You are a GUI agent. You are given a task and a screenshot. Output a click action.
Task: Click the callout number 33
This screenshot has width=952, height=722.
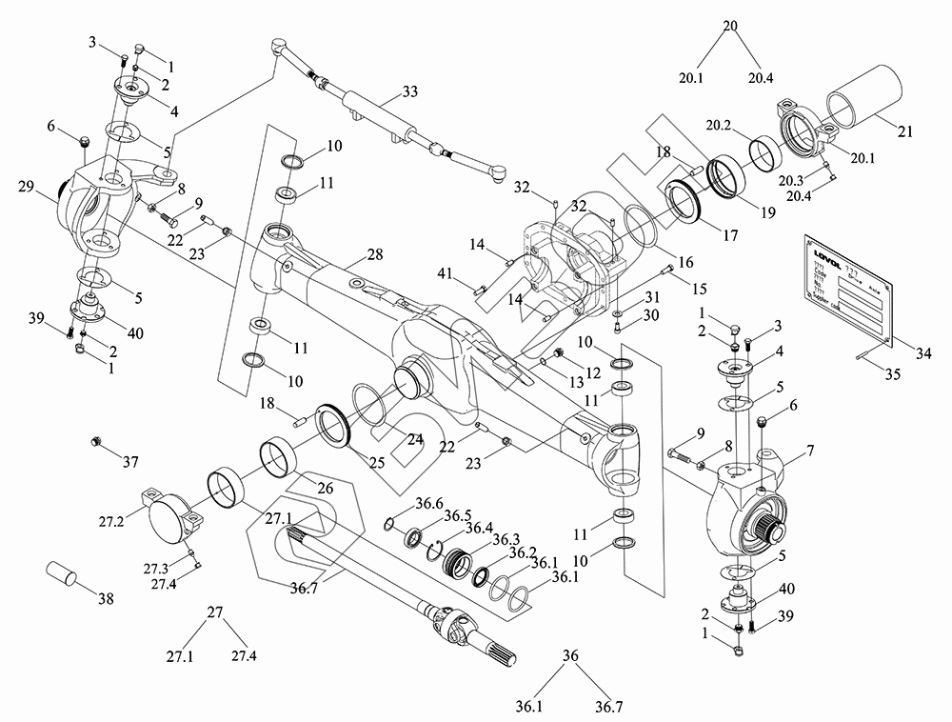409,92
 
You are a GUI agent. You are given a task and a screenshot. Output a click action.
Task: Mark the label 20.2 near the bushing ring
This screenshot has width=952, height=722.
718,125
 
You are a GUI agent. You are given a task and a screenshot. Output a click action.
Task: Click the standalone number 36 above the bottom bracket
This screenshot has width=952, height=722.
570,656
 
